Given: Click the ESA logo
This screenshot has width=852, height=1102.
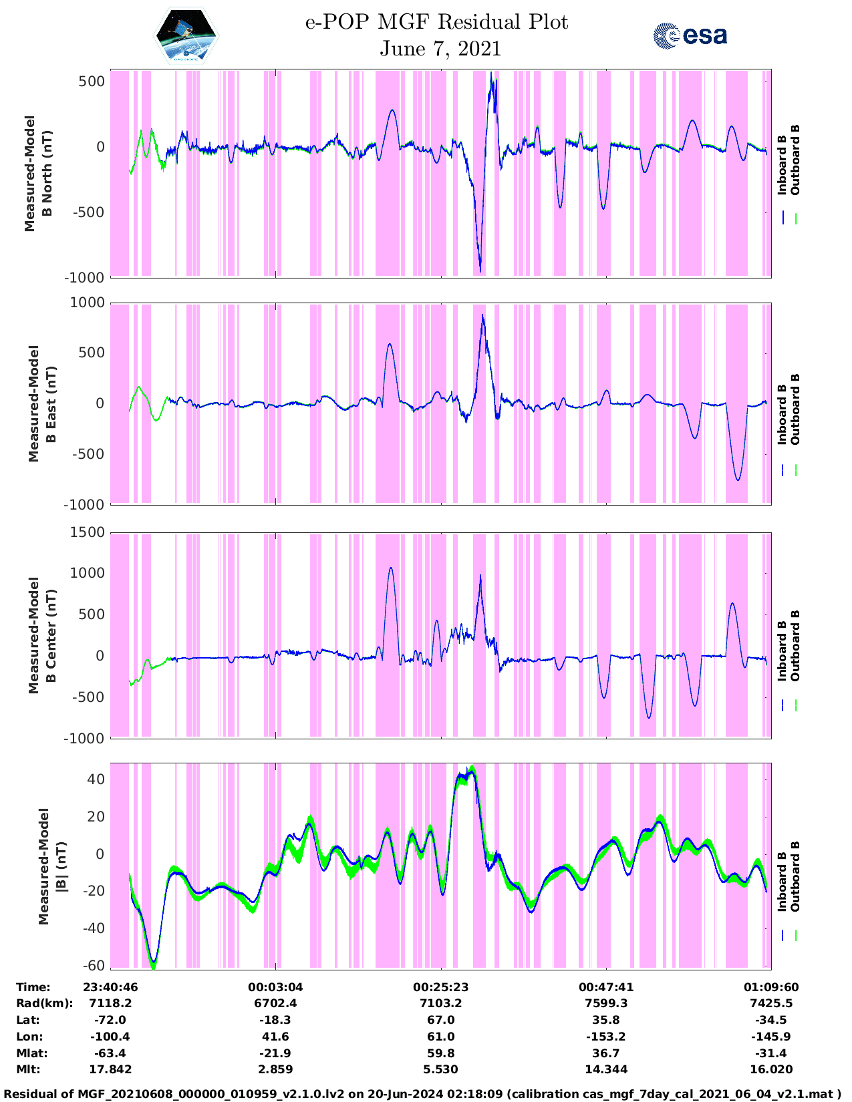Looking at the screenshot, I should point(690,35).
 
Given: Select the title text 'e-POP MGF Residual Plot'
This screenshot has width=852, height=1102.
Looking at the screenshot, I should point(436,22).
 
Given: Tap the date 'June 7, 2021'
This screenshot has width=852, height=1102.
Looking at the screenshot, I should point(440,49).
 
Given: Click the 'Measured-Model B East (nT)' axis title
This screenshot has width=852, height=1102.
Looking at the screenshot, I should point(41,403).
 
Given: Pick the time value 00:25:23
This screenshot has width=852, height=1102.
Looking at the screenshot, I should point(440,986).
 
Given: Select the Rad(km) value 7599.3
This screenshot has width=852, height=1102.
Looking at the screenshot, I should point(605,1003).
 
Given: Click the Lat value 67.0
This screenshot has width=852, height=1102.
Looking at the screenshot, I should point(440,1020).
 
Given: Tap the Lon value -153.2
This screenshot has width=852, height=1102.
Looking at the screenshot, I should point(605,1037).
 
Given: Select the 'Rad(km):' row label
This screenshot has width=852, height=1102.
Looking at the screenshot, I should point(44,1003).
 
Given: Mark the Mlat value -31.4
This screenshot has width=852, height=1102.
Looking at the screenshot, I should point(770,1053).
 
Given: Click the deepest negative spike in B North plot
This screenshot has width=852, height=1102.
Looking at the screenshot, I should point(480,270).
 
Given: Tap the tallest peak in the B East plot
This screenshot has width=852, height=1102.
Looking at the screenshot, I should point(482,315).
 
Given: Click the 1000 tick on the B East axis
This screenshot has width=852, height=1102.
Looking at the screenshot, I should point(88,303).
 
